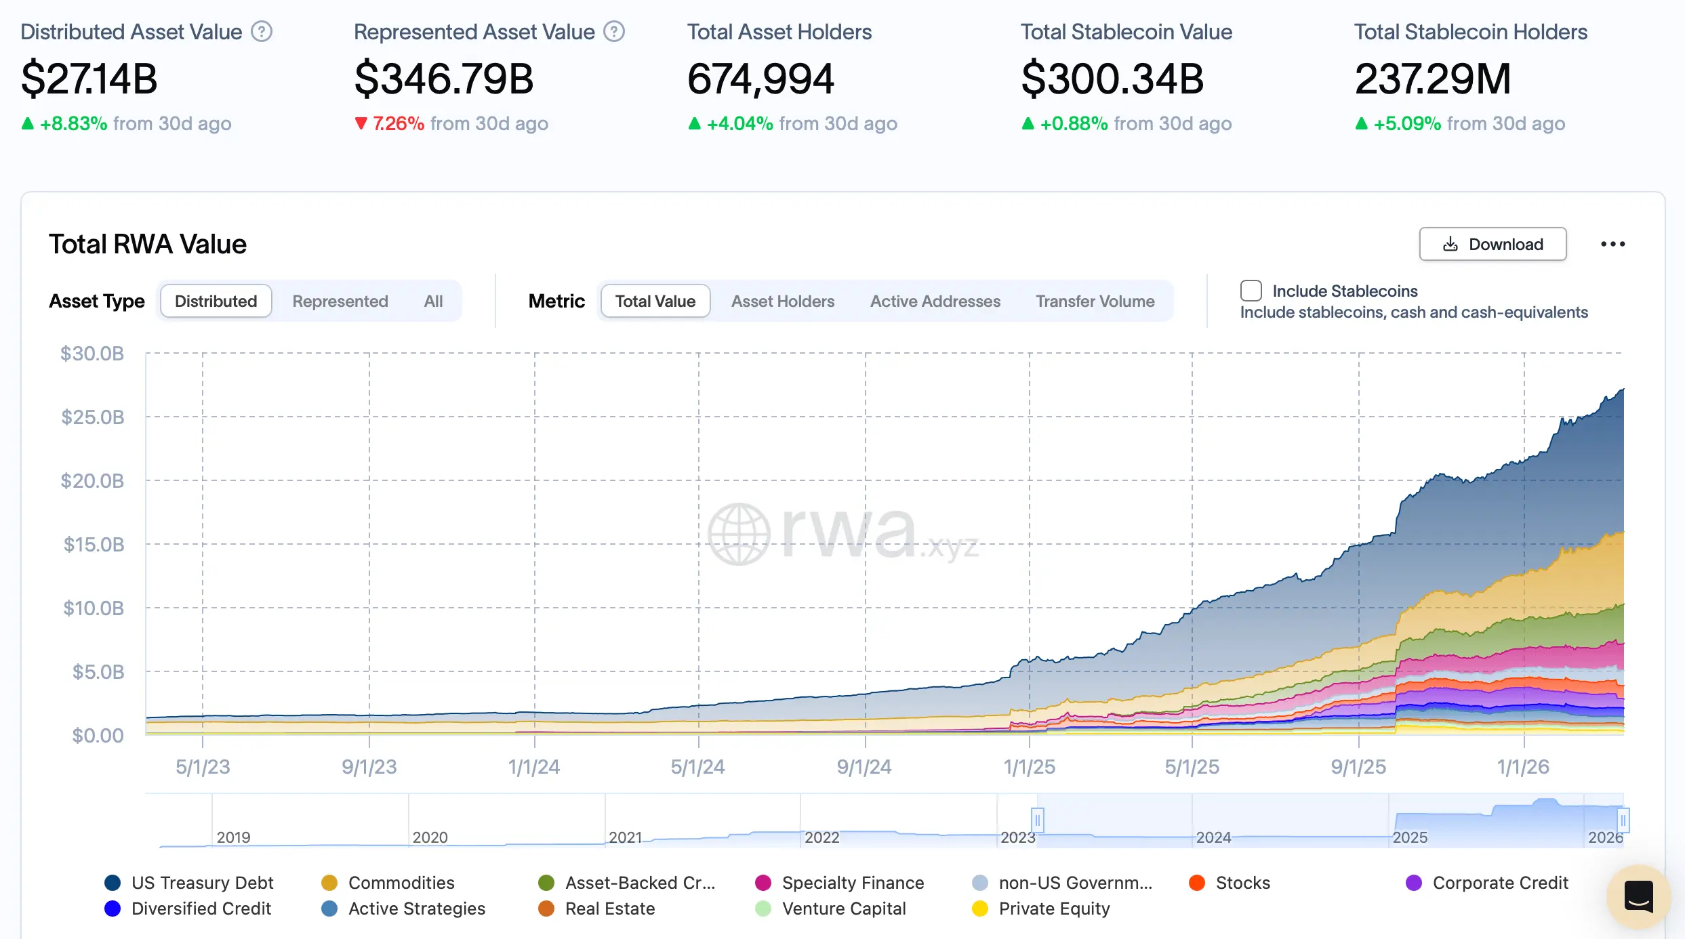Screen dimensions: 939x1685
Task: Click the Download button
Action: pos(1493,245)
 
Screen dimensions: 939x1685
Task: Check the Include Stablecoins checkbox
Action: pos(1251,291)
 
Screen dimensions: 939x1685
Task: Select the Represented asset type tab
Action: pos(340,301)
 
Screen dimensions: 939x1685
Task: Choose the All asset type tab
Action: pos(433,301)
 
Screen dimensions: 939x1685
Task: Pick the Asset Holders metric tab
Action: pos(782,301)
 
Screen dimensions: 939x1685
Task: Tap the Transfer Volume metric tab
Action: pos(1095,301)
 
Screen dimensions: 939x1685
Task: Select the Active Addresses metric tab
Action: pos(935,301)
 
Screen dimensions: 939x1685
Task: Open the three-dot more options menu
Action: pos(1612,244)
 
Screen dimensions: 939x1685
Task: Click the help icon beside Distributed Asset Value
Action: pos(262,32)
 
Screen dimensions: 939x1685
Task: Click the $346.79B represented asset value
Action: pos(444,79)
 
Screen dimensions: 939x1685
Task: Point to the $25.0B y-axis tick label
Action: pos(93,417)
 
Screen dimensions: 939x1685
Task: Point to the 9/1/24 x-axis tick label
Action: pos(864,767)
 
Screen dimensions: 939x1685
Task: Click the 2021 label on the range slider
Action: pos(625,837)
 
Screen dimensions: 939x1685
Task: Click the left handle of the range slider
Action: pos(1037,820)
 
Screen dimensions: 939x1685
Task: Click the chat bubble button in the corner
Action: pos(1638,896)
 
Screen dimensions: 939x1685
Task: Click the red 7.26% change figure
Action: pos(398,123)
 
